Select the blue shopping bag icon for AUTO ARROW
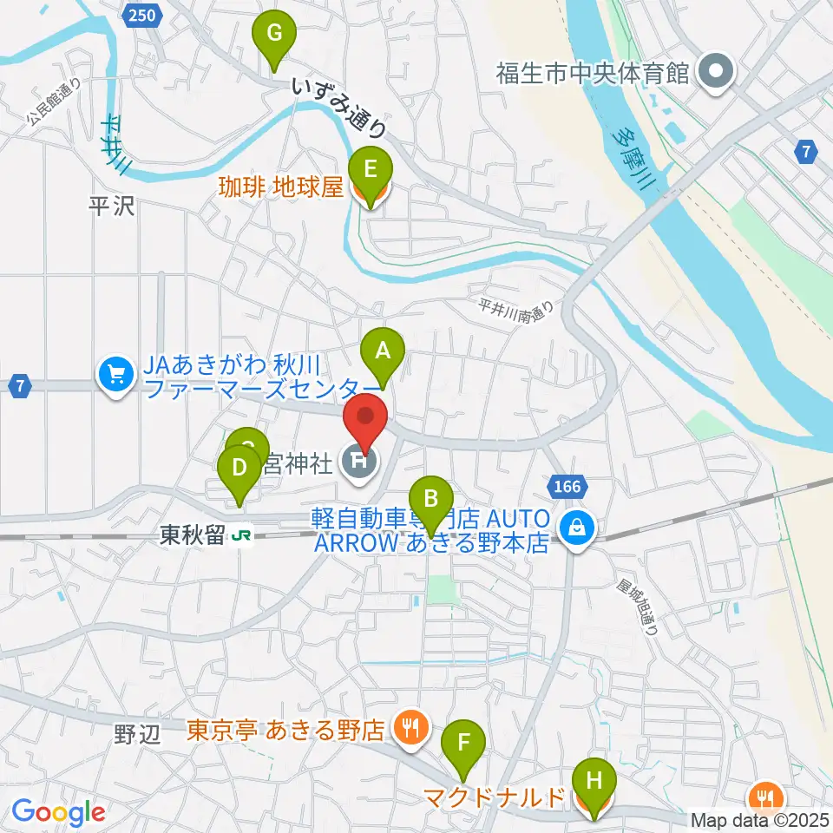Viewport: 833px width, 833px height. click(x=576, y=526)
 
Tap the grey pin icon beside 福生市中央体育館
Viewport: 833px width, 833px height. click(x=718, y=72)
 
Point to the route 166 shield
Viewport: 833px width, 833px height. click(x=567, y=487)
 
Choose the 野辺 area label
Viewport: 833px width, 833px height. click(x=137, y=734)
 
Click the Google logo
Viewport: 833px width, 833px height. click(x=58, y=812)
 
